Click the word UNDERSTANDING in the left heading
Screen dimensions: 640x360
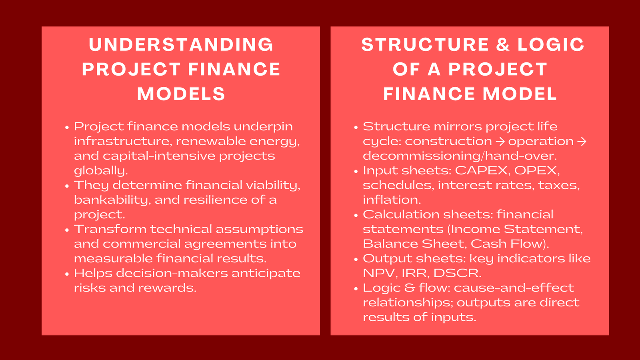point(181,44)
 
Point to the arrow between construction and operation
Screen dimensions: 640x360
point(500,141)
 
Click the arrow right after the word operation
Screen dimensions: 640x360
point(582,141)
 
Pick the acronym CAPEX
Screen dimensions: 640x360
point(483,171)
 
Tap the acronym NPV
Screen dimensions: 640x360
point(380,274)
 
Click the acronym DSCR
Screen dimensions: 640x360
point(458,274)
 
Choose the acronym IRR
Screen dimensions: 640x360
point(416,274)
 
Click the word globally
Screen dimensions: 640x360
point(101,171)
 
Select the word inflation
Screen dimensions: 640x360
point(392,200)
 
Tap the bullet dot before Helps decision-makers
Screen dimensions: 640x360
point(67,274)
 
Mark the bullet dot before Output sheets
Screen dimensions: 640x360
point(356,260)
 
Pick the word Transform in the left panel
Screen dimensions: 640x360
point(110,230)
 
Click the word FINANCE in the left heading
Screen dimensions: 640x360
point(234,70)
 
